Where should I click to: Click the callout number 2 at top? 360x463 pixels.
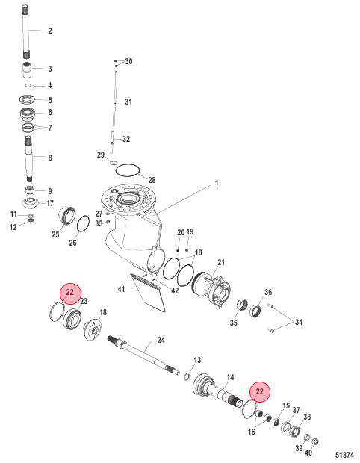click(x=49, y=31)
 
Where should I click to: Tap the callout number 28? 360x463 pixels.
click(x=152, y=180)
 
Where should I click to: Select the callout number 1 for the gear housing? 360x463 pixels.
click(x=196, y=183)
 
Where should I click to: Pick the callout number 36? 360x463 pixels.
click(x=268, y=292)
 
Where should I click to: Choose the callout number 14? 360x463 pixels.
click(x=230, y=377)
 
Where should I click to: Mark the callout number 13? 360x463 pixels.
click(x=197, y=360)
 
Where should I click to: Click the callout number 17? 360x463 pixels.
click(x=50, y=203)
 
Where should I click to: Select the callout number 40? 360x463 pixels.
click(x=308, y=452)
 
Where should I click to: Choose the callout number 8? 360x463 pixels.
click(x=49, y=158)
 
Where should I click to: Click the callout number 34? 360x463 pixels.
click(x=299, y=323)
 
